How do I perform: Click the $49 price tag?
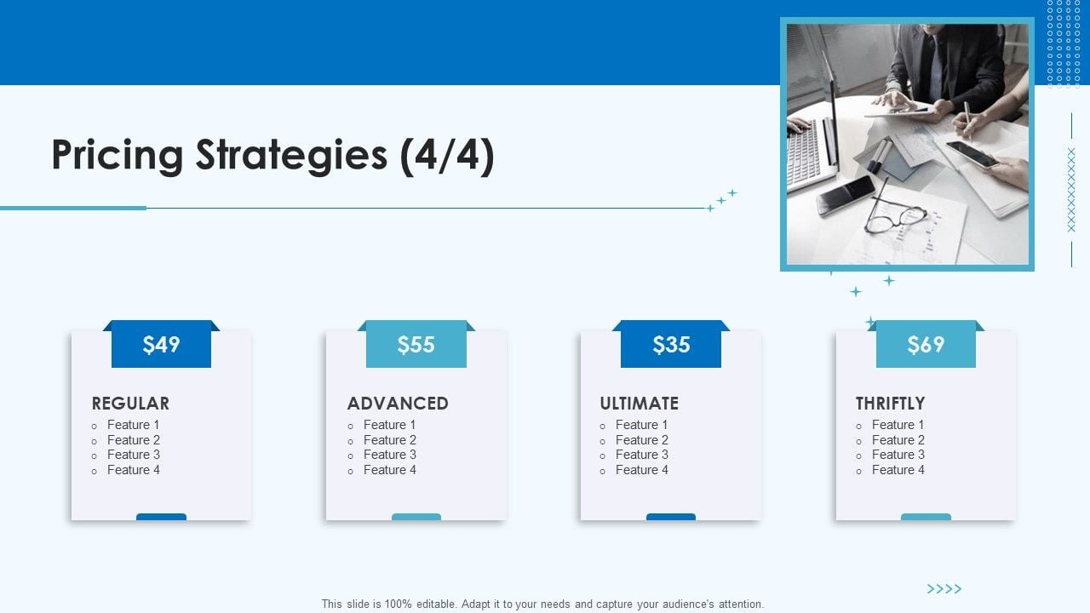pyautogui.click(x=161, y=344)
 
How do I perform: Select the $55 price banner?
pyautogui.click(x=416, y=344)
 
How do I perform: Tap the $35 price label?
pyautogui.click(x=671, y=344)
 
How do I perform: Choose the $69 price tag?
pyautogui.click(x=926, y=344)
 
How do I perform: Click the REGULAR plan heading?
pyautogui.click(x=130, y=404)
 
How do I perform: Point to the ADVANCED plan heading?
pyautogui.click(x=398, y=404)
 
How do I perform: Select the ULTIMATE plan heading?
pyautogui.click(x=639, y=404)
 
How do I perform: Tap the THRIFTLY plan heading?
pyautogui.click(x=890, y=404)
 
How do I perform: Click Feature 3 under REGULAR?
pyautogui.click(x=134, y=455)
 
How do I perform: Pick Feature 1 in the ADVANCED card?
pyautogui.click(x=389, y=425)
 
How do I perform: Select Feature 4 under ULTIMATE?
pyautogui.click(x=642, y=470)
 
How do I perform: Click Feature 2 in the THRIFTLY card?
pyautogui.click(x=898, y=440)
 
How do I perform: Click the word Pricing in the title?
pyautogui.click(x=118, y=156)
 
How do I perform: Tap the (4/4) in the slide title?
pyautogui.click(x=447, y=156)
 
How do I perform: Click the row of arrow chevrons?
pyautogui.click(x=944, y=589)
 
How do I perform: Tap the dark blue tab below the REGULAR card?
pyautogui.click(x=161, y=517)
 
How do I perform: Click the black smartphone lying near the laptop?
pyautogui.click(x=846, y=195)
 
